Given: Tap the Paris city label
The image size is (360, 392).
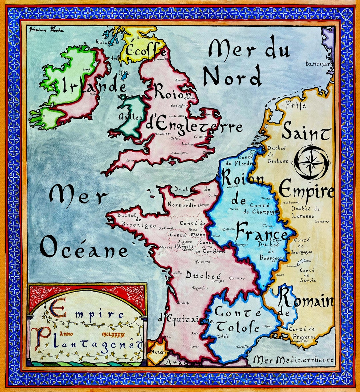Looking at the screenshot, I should click(x=234, y=209).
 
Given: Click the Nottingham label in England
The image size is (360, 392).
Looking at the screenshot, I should click(x=179, y=106).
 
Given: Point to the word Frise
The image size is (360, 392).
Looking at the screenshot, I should click(x=295, y=105).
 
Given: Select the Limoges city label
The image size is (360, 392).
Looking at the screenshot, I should click(x=218, y=281).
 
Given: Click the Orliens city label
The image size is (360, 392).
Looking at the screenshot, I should click(x=229, y=229).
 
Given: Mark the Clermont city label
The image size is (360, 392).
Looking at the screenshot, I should click(x=237, y=278).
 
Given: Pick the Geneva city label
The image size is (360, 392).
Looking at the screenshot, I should click(x=292, y=266).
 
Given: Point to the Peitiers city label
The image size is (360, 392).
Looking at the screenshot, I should click(x=202, y=262).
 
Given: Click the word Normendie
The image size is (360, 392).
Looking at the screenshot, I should click(x=182, y=205).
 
